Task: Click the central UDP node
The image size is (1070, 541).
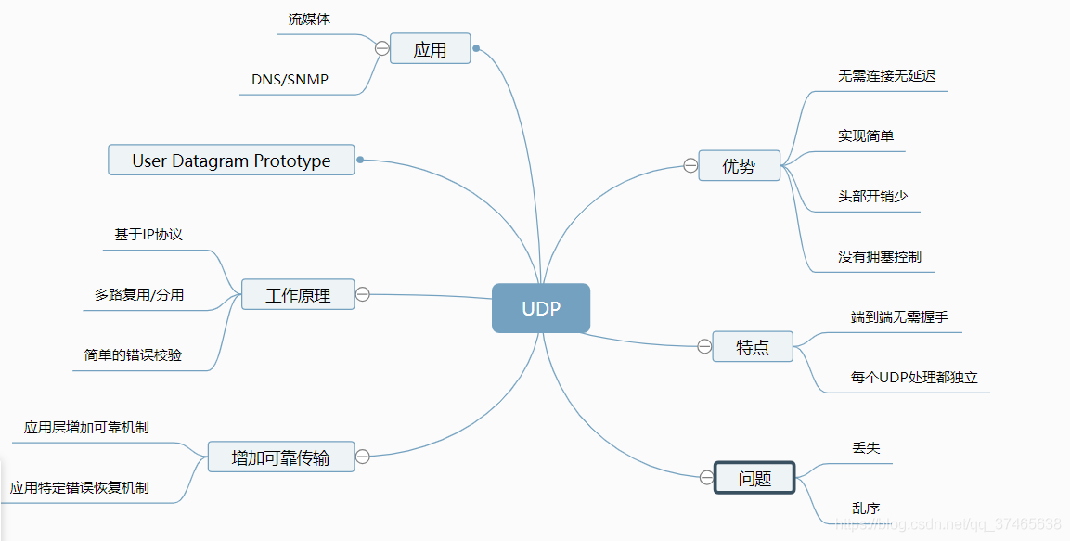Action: click(541, 308)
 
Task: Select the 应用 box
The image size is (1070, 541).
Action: click(430, 49)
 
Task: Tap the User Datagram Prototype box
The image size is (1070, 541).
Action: click(231, 161)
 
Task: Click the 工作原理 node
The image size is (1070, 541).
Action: click(298, 295)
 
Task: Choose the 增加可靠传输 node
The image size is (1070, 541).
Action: click(280, 457)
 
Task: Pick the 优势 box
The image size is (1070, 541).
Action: click(739, 166)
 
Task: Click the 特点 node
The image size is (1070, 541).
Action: click(753, 347)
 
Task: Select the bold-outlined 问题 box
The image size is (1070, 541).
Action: click(754, 478)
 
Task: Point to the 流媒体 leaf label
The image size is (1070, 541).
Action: click(309, 19)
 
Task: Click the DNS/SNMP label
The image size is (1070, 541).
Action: click(290, 80)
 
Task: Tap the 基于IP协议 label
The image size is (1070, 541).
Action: click(148, 235)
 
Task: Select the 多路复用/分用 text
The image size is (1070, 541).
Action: click(139, 295)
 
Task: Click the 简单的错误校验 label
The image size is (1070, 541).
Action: click(133, 355)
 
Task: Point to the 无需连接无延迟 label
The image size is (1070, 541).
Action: click(886, 76)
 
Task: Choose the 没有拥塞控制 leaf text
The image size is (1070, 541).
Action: click(879, 257)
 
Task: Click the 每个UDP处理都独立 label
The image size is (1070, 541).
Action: click(914, 378)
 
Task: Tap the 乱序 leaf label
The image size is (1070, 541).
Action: click(866, 508)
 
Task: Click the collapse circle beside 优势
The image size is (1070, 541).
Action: click(690, 166)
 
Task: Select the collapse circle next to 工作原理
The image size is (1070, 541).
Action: click(363, 294)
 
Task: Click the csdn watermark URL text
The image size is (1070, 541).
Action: click(948, 524)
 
